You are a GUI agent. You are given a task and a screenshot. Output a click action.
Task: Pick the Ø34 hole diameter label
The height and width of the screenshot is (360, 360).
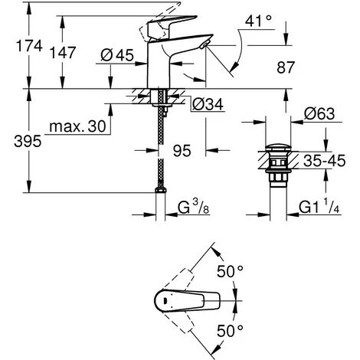[207, 104]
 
